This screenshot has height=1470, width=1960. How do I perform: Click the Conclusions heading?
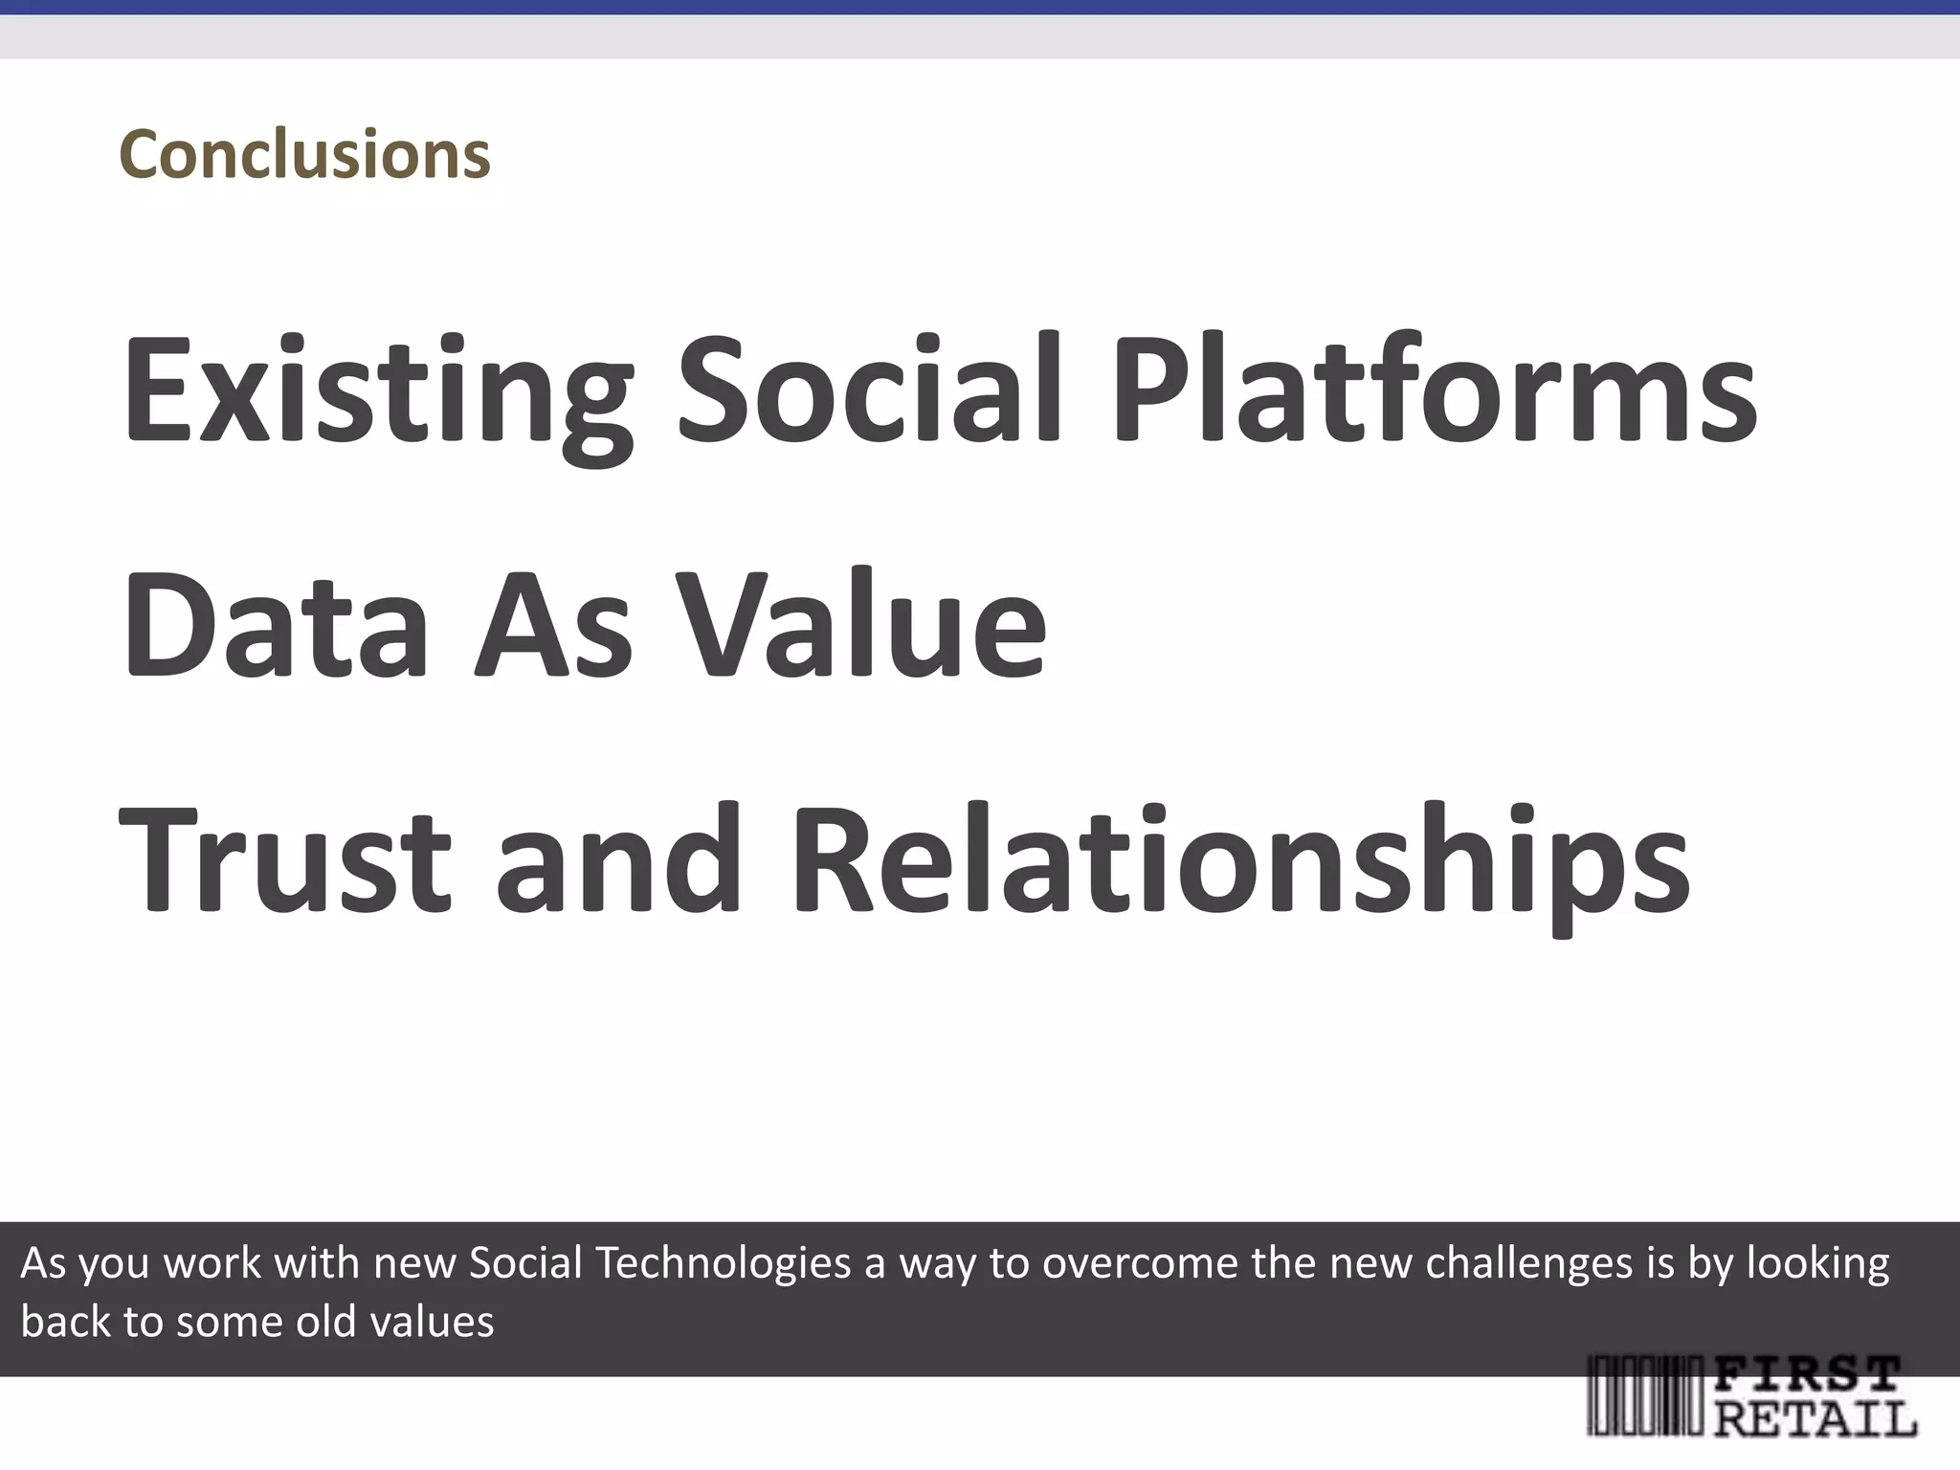coord(304,154)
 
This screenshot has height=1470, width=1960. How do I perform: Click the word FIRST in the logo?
coord(1805,1375)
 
